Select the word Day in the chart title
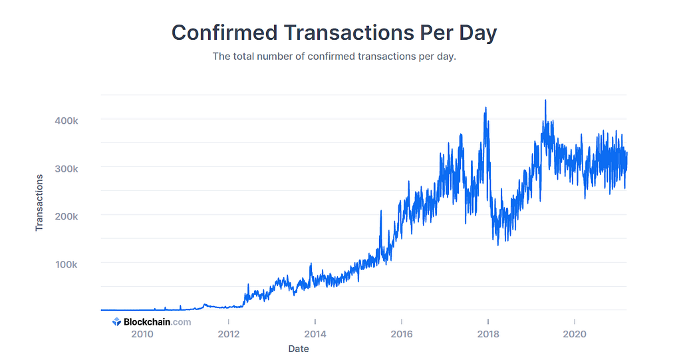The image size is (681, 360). click(x=477, y=33)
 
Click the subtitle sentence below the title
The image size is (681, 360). click(x=334, y=57)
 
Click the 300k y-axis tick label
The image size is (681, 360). click(x=66, y=168)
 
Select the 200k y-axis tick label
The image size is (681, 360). click(x=66, y=216)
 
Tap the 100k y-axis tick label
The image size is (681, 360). click(x=66, y=264)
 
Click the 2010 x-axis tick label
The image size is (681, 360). click(x=142, y=335)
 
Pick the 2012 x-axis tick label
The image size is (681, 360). click(x=229, y=335)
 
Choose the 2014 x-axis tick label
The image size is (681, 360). click(x=315, y=335)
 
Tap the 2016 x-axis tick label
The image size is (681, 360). click(x=402, y=335)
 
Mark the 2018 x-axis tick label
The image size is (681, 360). click(x=488, y=335)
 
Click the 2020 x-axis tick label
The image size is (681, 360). click(x=575, y=335)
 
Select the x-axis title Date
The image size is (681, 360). click(x=299, y=349)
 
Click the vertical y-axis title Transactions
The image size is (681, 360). click(x=39, y=203)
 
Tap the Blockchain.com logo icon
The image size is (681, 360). click(x=116, y=322)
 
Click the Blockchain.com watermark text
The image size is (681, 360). click(x=157, y=322)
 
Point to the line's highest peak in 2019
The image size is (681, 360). click(x=545, y=100)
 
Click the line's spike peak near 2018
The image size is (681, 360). click(x=485, y=108)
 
